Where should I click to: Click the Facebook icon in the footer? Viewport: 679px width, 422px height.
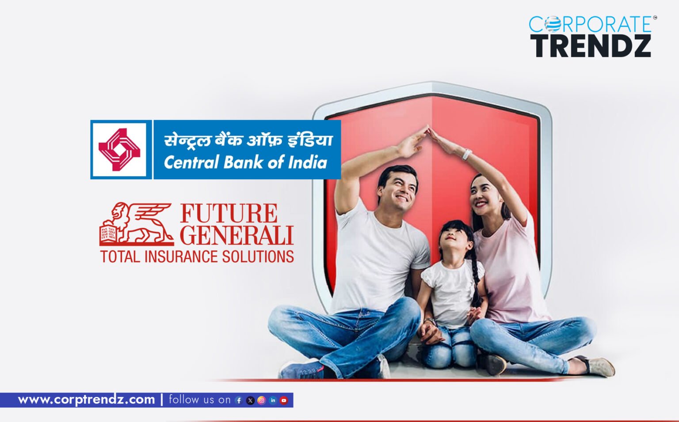tap(239, 400)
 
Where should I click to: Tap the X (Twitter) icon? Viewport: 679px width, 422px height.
tap(250, 400)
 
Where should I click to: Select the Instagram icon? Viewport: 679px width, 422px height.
tap(261, 400)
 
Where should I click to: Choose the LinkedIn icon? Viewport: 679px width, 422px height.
tap(273, 400)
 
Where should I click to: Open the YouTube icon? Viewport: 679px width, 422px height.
tap(284, 400)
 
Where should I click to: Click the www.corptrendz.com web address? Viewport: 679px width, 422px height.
tap(87, 400)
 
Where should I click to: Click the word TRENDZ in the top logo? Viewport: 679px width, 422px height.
tap(591, 45)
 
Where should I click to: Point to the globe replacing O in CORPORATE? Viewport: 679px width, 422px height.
tap(552, 24)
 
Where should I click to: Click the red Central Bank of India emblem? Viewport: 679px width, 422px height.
tap(119, 150)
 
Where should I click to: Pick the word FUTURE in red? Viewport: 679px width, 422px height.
tap(229, 213)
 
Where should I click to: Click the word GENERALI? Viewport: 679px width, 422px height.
tap(237, 235)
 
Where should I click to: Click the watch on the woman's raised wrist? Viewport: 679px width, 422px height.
tap(467, 154)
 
